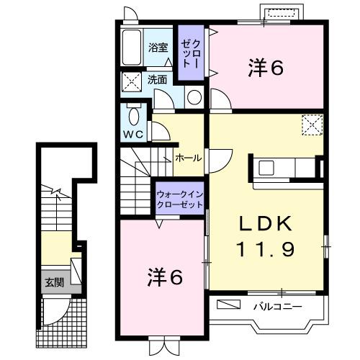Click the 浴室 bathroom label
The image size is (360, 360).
tap(158, 48)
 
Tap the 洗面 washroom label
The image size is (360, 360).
tap(158, 80)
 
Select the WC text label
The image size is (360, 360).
tap(132, 134)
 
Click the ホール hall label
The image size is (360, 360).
tap(188, 158)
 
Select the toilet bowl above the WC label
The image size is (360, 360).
tap(133, 116)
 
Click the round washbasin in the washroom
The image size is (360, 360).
tap(193, 98)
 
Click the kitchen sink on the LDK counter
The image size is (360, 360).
tap(266, 170)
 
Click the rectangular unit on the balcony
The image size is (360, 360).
tap(228, 305)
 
